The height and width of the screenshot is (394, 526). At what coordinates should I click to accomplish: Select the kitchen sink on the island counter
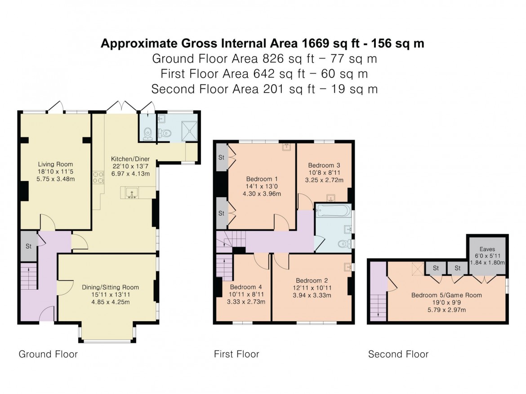tap(131, 193)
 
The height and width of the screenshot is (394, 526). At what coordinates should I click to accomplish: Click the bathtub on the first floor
tap(333, 210)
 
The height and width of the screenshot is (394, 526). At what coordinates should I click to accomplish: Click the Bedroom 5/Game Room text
tap(446, 295)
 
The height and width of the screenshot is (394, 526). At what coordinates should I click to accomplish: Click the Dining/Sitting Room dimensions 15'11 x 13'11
tap(110, 294)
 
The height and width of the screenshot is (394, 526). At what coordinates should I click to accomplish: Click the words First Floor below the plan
tap(236, 354)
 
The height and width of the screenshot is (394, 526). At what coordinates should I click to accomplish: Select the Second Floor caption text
tap(398, 354)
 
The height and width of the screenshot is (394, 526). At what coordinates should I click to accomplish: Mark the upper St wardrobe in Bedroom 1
tap(221, 157)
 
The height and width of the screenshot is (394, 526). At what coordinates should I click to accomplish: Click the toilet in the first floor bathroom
tap(343, 244)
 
